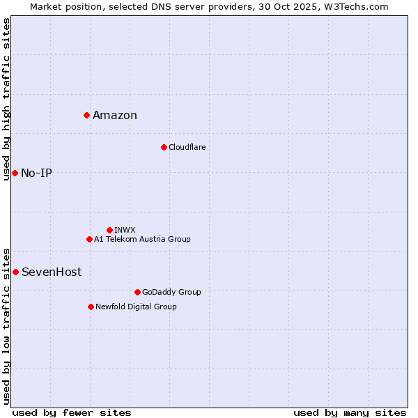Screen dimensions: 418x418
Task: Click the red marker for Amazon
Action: pos(86,115)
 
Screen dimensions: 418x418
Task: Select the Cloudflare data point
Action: pos(164,147)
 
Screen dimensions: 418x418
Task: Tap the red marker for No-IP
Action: pos(15,173)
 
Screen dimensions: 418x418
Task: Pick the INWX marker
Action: pos(109,230)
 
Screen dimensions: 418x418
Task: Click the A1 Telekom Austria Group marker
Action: pos(89,239)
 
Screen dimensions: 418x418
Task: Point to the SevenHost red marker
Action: pos(15,272)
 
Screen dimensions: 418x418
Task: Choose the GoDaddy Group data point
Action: pos(137,292)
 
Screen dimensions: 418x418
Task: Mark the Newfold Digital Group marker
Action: pos(91,307)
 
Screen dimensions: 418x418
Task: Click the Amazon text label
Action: pos(115,116)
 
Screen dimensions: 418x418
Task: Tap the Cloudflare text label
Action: pos(187,147)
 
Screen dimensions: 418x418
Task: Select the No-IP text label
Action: pos(36,173)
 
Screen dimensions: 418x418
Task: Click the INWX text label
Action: pos(125,230)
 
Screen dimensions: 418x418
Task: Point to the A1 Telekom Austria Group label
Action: pos(142,239)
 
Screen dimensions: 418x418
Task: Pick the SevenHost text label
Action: pos(52,272)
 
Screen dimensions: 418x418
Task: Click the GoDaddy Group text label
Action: pos(171,292)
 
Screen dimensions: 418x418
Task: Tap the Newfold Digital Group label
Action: pos(136,307)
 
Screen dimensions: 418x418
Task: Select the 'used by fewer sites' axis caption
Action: pos(72,412)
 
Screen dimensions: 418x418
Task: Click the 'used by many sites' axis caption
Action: pos(350,412)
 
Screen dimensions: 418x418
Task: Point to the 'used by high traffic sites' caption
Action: pos(6,99)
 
